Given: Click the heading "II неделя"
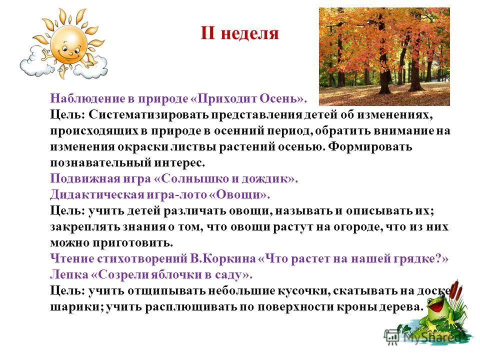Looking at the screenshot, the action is coord(239,33).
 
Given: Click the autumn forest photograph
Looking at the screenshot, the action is coord(384,56).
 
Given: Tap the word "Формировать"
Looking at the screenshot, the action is coord(370,146).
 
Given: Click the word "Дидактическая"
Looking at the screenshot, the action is coord(97,194).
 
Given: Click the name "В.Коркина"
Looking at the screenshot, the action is coord(223,258).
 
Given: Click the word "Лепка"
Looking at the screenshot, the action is coord(69,274).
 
